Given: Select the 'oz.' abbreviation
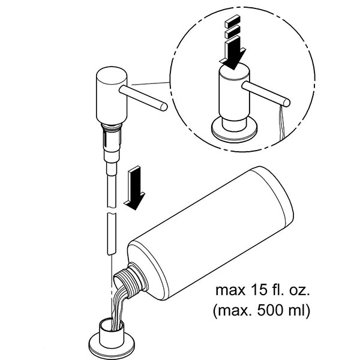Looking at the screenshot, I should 295,292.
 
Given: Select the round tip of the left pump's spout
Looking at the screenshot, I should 163,106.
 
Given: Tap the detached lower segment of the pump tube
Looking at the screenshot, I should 109,231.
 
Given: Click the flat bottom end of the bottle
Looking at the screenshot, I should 281,197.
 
